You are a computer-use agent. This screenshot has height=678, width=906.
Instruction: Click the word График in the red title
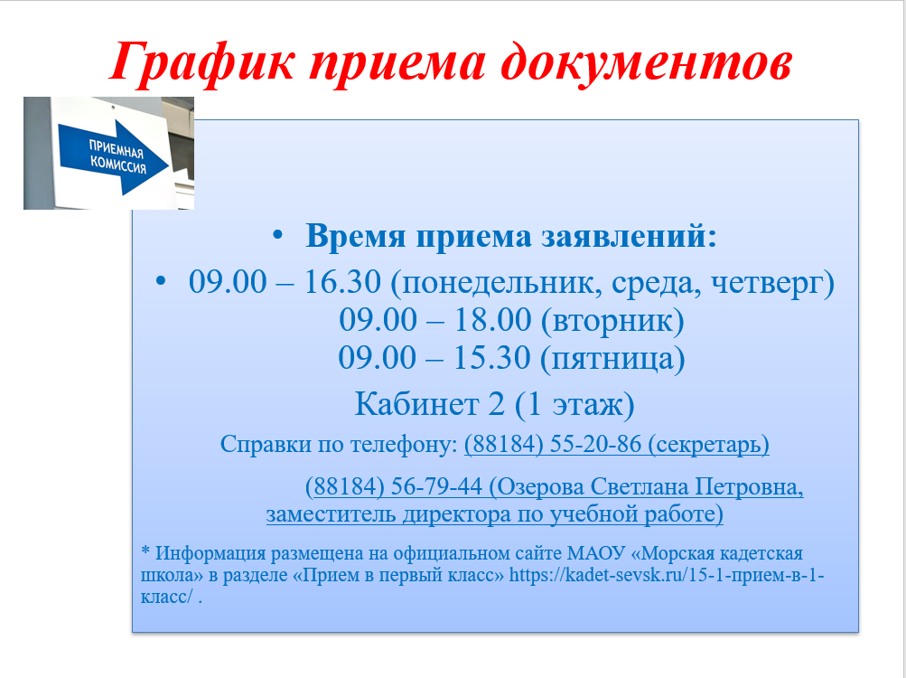pos(202,62)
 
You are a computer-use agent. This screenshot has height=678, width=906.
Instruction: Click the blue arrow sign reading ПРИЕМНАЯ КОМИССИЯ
pos(114,156)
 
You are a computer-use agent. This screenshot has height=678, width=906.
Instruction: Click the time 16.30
pos(342,282)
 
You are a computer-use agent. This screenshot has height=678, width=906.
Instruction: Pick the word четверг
pos(767,283)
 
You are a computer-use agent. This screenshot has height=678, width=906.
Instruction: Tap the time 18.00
pos(492,320)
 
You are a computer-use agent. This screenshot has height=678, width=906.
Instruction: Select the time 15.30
pos(491,357)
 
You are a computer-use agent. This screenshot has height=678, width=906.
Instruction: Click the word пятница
pos(612,359)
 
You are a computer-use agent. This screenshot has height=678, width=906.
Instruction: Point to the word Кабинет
pos(416,404)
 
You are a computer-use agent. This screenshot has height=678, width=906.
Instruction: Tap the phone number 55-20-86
pos(595,444)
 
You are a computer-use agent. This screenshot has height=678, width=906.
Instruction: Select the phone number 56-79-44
pos(437,486)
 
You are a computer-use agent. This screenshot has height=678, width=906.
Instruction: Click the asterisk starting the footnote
pos(145,550)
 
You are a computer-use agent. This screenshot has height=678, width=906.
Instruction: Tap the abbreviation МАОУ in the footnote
pos(596,553)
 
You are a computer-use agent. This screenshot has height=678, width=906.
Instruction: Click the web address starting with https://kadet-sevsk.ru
pos(667,575)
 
